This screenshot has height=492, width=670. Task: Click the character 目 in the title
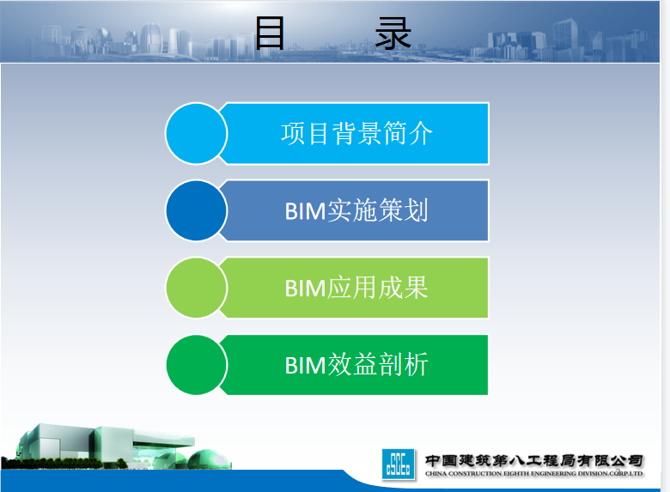point(270,33)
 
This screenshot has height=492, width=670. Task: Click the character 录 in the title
point(393,33)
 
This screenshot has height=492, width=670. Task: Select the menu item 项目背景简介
point(356,133)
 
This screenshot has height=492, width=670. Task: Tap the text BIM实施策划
point(356,210)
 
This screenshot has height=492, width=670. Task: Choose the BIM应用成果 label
point(356,288)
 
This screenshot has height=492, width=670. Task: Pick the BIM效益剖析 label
point(356,365)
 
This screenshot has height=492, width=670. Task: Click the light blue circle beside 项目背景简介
point(196,133)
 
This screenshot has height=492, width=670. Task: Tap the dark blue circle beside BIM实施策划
point(196,210)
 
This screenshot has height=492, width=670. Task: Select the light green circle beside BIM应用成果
point(196,288)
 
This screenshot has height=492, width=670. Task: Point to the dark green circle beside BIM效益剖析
point(196,365)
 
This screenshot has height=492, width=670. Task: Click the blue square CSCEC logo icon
point(399,464)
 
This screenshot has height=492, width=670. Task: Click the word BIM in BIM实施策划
point(305,211)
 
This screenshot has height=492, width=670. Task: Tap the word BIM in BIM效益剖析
point(305,366)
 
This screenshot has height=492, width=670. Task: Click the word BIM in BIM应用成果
point(305,289)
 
